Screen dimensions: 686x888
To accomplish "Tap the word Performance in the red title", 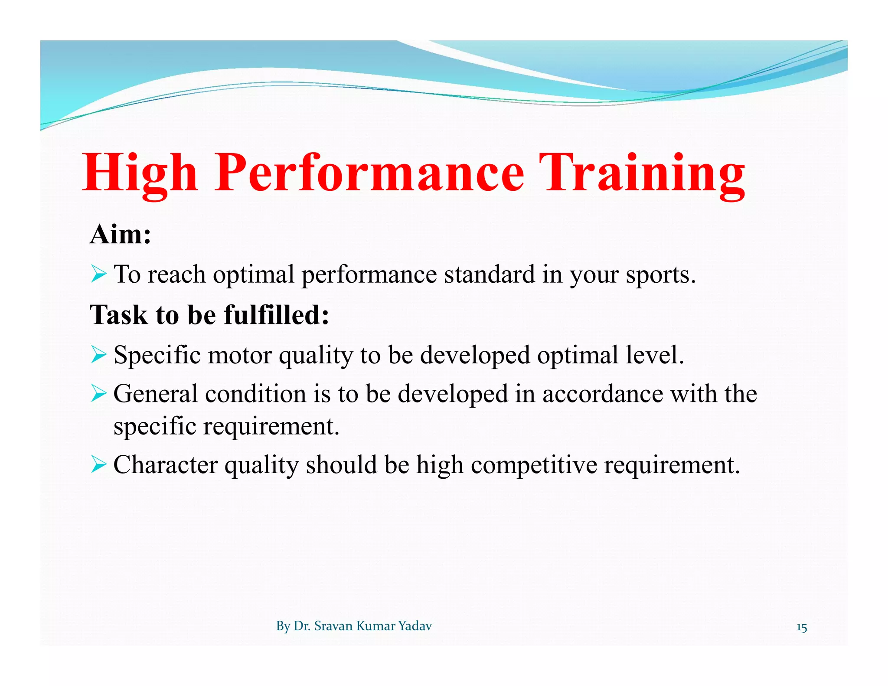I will [x=369, y=173].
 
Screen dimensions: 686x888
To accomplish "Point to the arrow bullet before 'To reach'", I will [x=99, y=274].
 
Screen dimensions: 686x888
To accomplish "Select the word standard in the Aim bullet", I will [x=489, y=274].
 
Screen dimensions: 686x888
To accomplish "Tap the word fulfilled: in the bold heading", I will [x=276, y=315].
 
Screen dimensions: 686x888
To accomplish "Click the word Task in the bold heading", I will [x=118, y=315].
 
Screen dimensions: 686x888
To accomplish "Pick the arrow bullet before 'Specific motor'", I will [x=99, y=355].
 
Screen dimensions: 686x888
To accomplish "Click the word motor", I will [x=240, y=355].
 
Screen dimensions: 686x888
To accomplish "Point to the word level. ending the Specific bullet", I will [x=655, y=355].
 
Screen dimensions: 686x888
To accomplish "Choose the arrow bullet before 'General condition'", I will [x=99, y=394].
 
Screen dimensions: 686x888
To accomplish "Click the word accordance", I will [x=603, y=394].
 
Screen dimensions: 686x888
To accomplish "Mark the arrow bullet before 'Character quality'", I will [x=99, y=465].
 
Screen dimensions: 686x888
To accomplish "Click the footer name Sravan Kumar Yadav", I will [x=373, y=626].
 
